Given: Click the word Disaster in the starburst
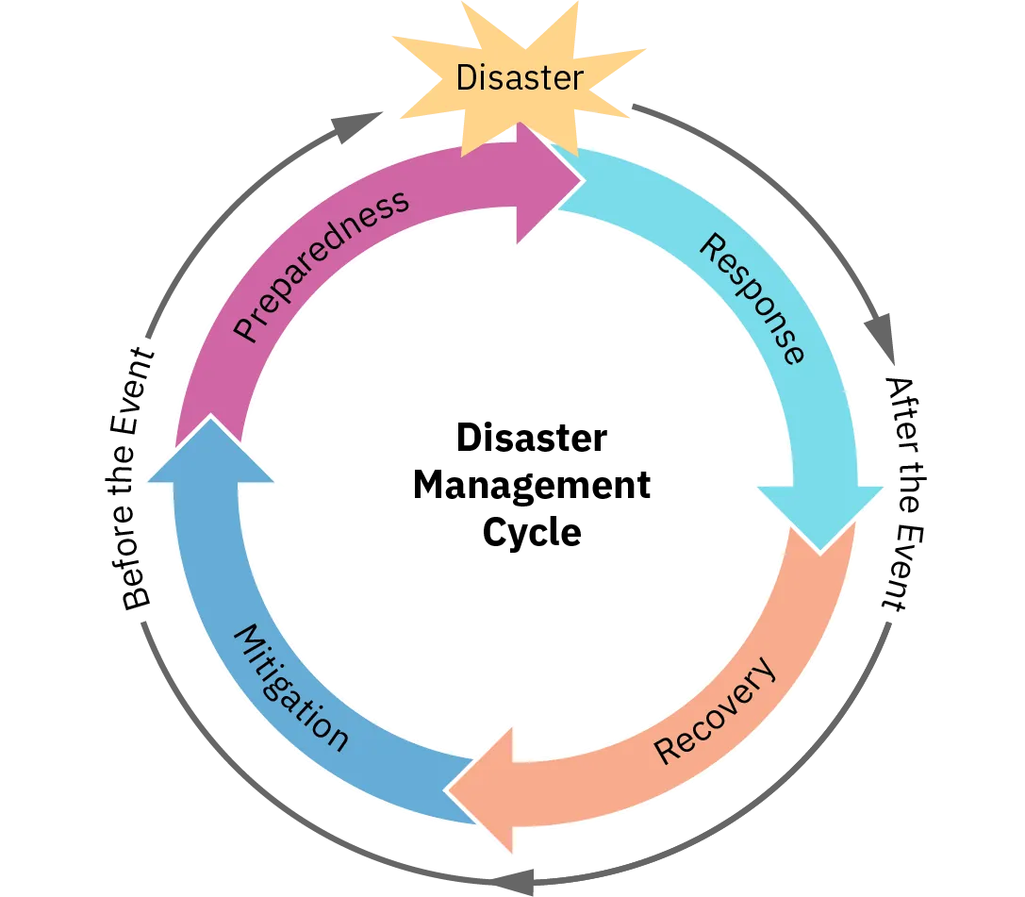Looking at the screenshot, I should click(519, 77).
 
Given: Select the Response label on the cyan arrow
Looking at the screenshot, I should click(752, 298).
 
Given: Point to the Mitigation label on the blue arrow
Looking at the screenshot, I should click(290, 687).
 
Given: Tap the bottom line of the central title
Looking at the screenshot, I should click(531, 535).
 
